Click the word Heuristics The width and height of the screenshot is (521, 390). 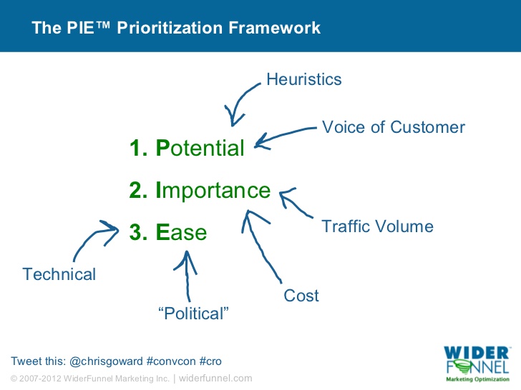pos(303,79)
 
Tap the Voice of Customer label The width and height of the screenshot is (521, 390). pos(394,127)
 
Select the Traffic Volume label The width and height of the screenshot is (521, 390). pos(377,226)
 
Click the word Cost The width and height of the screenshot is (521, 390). pos(301,296)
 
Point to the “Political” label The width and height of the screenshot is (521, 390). pos(193,314)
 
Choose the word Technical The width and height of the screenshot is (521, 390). pos(59,274)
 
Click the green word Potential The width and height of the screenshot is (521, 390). pos(200,148)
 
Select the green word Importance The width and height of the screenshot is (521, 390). pos(213,190)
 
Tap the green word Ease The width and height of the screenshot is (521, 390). pos(182,232)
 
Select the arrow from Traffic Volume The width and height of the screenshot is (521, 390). pos(293,203)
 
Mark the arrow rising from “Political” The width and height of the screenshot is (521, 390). pos(187,275)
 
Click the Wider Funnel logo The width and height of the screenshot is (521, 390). pos(477,364)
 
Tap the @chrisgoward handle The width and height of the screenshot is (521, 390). pos(107,361)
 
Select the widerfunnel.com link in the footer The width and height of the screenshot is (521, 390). pos(215,379)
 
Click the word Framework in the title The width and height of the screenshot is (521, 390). pos(275,28)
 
